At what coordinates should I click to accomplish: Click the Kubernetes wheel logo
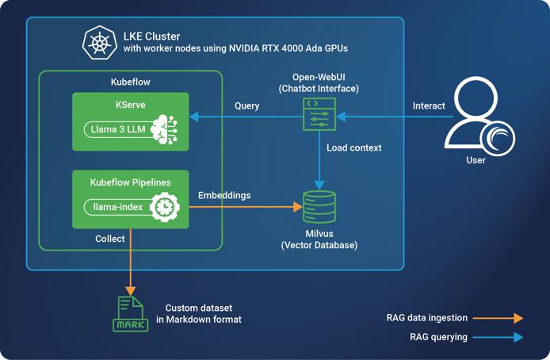(100, 43)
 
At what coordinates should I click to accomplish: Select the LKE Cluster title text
(151, 36)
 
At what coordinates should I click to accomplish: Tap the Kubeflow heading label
(130, 82)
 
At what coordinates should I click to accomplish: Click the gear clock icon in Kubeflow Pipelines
(165, 206)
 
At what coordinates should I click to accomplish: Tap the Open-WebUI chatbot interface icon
(319, 114)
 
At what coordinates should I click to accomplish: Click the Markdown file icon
(131, 313)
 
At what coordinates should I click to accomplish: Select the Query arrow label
(246, 105)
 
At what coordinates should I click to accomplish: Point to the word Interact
(429, 105)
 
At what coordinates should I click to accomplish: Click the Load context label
(354, 147)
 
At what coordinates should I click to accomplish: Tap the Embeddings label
(223, 195)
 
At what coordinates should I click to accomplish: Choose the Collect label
(109, 238)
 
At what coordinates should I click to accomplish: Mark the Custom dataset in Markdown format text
(203, 313)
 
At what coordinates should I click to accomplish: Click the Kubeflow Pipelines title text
(131, 182)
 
